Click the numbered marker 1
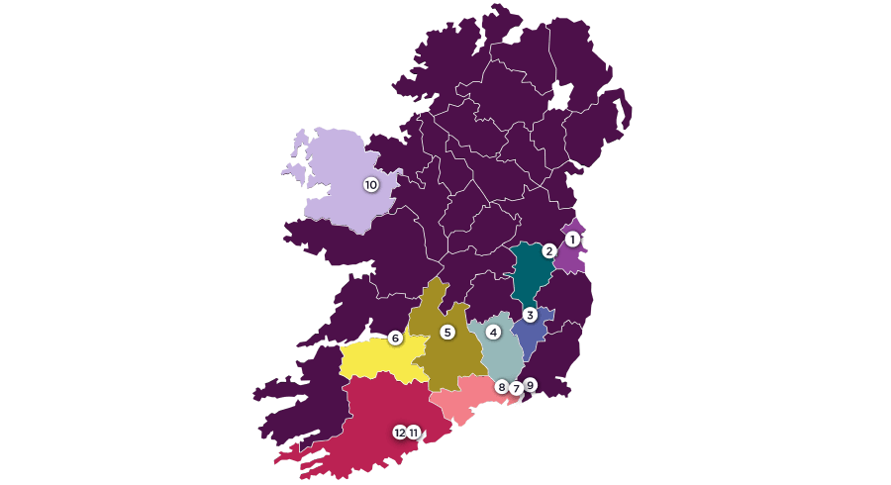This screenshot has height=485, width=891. [572, 239]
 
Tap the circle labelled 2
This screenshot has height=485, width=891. [549, 250]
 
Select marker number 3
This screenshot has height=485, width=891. [530, 315]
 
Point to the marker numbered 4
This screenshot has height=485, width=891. [493, 333]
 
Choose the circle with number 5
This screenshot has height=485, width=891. [447, 332]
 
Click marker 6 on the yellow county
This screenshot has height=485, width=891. [395, 338]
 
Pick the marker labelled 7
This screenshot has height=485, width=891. [516, 388]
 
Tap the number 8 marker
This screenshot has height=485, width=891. [502, 386]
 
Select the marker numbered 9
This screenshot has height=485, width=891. [531, 384]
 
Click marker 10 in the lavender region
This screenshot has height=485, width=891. [371, 184]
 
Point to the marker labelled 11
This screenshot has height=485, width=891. [413, 432]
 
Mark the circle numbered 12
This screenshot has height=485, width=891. [400, 432]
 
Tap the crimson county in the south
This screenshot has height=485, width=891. [376, 416]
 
